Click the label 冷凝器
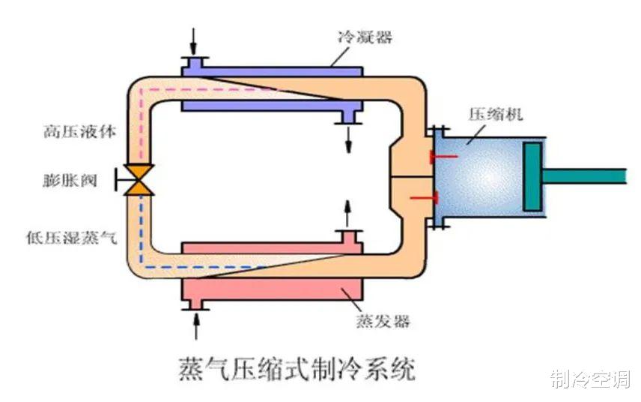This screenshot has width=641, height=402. pos(365,37)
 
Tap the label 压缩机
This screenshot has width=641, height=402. pos(496,114)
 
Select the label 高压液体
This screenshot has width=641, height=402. pos(80,132)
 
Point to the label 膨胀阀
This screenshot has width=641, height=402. pos(70,180)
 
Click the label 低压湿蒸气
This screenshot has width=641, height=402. pos(72,238)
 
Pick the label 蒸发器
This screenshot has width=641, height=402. pos(383,321)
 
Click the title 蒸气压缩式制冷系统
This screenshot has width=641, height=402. pos(297,369)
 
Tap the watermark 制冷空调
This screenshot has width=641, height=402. pos(590,379)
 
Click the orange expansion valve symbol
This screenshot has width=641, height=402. pos(139,180)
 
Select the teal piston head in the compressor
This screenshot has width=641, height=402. pos(533,177)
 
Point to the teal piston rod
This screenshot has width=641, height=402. pos(584,176)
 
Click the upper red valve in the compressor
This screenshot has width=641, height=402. pos(443,157)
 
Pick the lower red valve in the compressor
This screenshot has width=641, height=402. pos(425,198)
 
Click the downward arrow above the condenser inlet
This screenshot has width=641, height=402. pos(194,42)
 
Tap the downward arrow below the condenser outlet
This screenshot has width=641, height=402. pos(348,139)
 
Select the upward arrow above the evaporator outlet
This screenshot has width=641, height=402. pos(348,214)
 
